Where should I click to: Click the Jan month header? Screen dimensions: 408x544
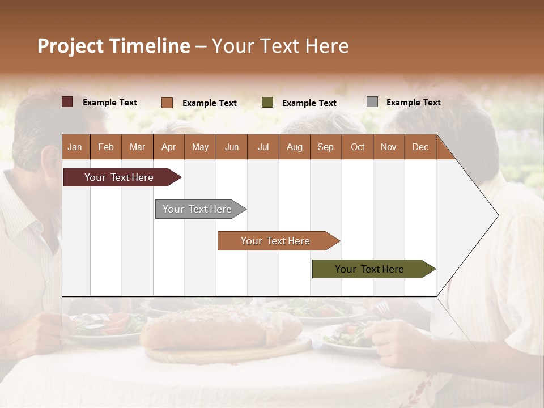coord(75,147)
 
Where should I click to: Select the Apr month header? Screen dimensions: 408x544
coord(168,147)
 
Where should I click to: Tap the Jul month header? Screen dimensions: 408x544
coord(263,147)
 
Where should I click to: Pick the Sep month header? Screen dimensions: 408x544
coord(325,147)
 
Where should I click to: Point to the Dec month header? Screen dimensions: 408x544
coord(420,147)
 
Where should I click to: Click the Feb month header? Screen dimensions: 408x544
coord(106,147)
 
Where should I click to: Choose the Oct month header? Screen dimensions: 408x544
coord(358,147)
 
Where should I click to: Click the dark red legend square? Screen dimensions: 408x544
coord(67,102)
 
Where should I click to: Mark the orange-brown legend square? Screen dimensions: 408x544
coord(167,103)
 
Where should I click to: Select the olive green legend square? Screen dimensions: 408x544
coord(267,103)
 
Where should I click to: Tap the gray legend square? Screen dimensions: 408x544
coord(372,102)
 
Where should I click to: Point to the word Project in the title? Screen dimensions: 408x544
coord(71,46)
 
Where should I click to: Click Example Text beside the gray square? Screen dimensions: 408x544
coord(413,103)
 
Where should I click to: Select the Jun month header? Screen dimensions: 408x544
coord(232,147)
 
